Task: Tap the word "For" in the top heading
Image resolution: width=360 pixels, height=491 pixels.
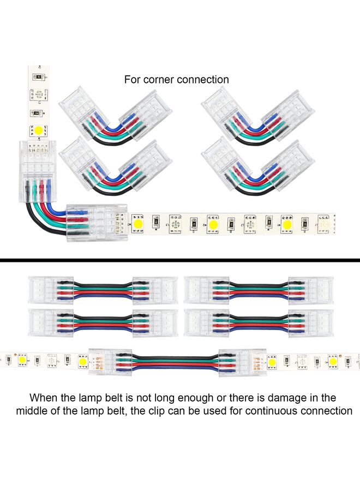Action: [x=132, y=80]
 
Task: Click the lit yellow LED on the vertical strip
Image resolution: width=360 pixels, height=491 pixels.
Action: [x=39, y=130]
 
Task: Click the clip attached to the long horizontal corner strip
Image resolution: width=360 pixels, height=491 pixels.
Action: [x=97, y=223]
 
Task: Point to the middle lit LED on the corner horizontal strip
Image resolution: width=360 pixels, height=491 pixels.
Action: [x=213, y=224]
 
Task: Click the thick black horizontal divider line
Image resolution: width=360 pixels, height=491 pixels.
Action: [x=180, y=260]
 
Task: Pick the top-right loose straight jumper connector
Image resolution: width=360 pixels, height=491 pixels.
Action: [x=259, y=290]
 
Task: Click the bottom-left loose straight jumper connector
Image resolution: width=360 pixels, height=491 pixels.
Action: [x=103, y=323]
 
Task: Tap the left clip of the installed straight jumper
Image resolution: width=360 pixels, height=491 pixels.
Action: [x=112, y=361]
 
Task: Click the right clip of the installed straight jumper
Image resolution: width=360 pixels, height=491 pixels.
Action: [x=243, y=362]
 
